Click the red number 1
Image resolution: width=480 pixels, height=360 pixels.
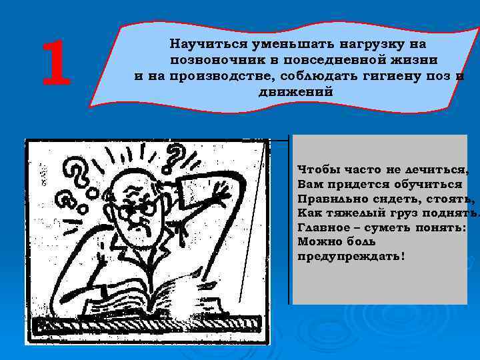pos(56,64)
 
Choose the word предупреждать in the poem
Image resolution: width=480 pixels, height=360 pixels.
pos(350,257)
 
